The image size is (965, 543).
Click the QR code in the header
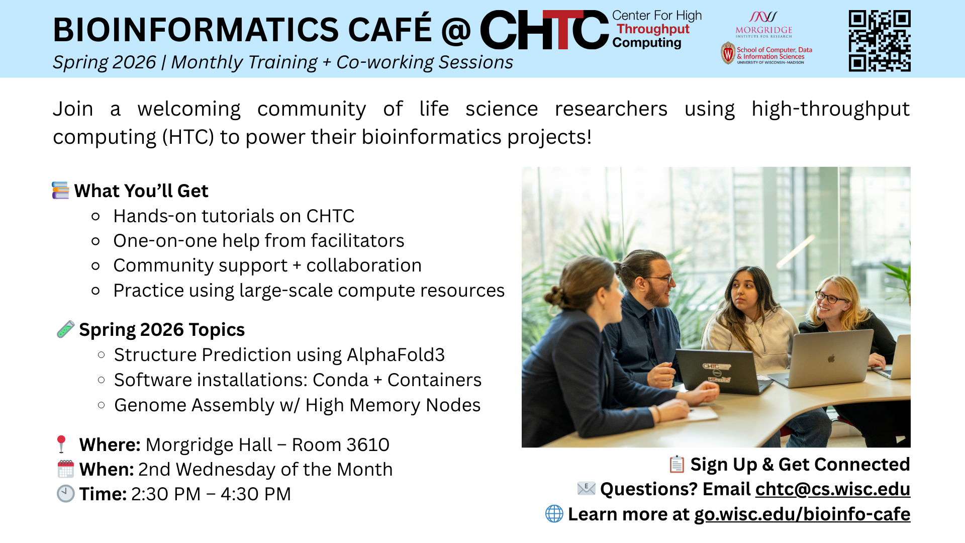(x=880, y=41)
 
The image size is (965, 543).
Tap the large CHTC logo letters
(x=544, y=30)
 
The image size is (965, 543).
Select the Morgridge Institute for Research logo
(x=763, y=25)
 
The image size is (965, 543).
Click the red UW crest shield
(x=728, y=53)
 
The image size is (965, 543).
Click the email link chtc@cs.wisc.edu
(x=832, y=489)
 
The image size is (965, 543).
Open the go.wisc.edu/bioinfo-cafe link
(x=802, y=514)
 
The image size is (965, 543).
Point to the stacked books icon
(x=61, y=191)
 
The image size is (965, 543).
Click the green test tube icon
(x=66, y=329)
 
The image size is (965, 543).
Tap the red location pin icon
(x=61, y=444)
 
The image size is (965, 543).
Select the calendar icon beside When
(x=66, y=469)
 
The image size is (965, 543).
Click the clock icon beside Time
(x=66, y=494)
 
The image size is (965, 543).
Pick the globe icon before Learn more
(x=554, y=514)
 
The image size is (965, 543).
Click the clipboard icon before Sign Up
(x=677, y=464)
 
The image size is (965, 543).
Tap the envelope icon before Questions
(x=587, y=488)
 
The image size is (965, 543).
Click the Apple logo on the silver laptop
(x=831, y=358)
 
